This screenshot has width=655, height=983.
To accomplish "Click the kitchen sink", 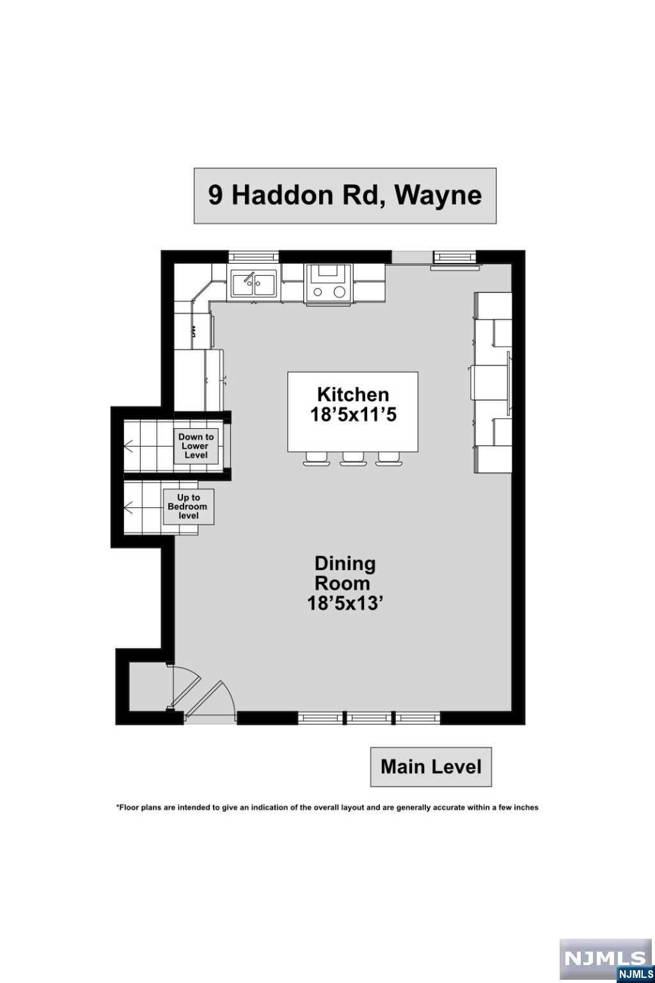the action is [x=254, y=284].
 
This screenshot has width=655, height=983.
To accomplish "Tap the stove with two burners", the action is [x=329, y=284].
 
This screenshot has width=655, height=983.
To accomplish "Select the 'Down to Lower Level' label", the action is [x=196, y=446].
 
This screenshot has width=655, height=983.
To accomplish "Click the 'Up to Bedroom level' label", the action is [x=189, y=506].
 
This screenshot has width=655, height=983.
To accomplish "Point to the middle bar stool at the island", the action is [x=353, y=458].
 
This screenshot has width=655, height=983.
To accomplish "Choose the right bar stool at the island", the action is [x=389, y=458].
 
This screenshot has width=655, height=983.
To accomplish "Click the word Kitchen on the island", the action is [x=353, y=394].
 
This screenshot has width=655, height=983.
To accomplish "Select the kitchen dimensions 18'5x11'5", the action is [x=353, y=414].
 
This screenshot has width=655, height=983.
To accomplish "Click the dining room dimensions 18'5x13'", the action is [x=343, y=604].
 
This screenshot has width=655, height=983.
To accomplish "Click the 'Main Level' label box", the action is [x=431, y=767].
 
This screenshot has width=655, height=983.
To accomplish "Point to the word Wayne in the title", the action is [x=438, y=196].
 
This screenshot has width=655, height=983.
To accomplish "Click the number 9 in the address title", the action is [x=215, y=195].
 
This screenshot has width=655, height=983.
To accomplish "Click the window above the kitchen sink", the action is [x=253, y=257].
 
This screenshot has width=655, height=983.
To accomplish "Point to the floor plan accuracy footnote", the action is [x=327, y=807].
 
